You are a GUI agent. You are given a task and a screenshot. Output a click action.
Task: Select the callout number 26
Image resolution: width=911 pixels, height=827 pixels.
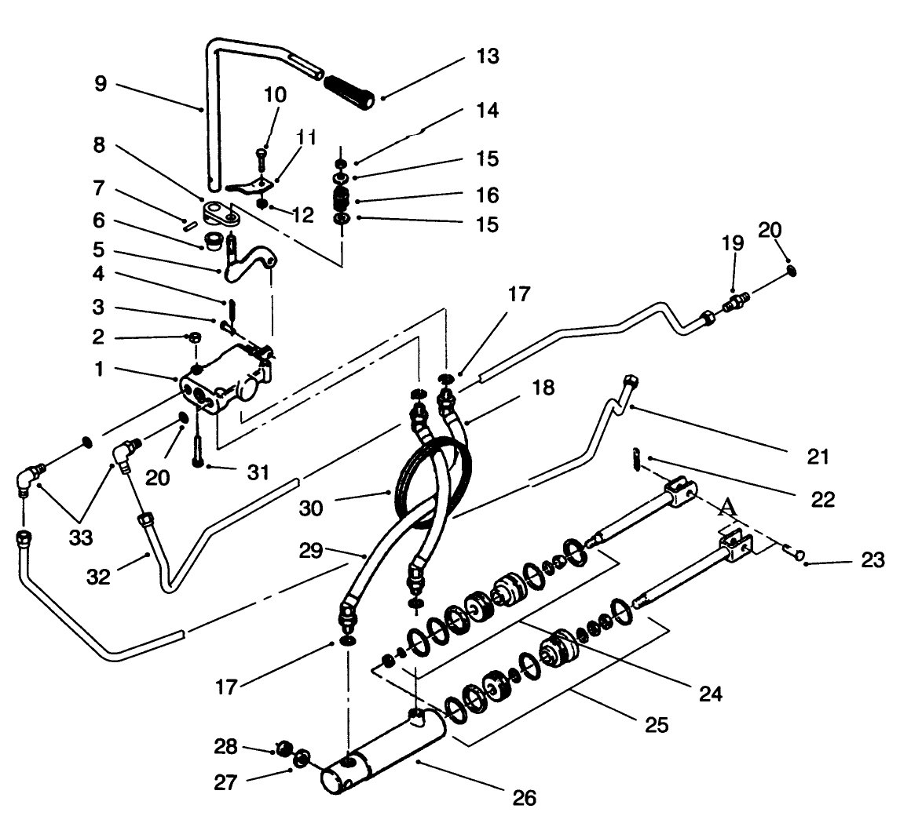[524, 798]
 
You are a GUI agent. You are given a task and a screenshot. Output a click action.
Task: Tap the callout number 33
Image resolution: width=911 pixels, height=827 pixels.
[81, 539]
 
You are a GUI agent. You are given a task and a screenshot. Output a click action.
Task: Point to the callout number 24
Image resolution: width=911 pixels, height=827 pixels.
[709, 693]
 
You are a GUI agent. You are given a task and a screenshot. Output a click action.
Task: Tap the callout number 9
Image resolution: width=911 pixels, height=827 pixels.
[101, 84]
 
